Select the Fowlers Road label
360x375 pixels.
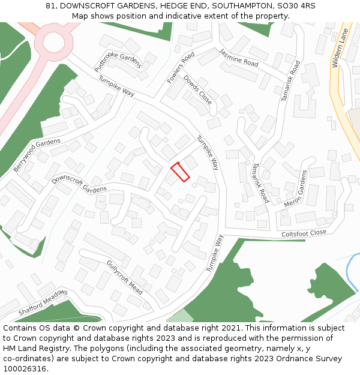click(181, 67)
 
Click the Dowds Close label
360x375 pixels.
click(197, 90)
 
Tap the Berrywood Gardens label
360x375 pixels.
click(37, 154)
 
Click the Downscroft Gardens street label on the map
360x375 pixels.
click(79, 184)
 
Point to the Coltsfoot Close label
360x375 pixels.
click(304, 233)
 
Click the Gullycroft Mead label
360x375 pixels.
click(124, 277)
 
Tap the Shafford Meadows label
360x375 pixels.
click(43, 303)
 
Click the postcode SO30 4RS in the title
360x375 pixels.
click(299, 6)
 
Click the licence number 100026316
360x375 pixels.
click(25, 369)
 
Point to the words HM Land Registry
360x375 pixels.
click(30, 349)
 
